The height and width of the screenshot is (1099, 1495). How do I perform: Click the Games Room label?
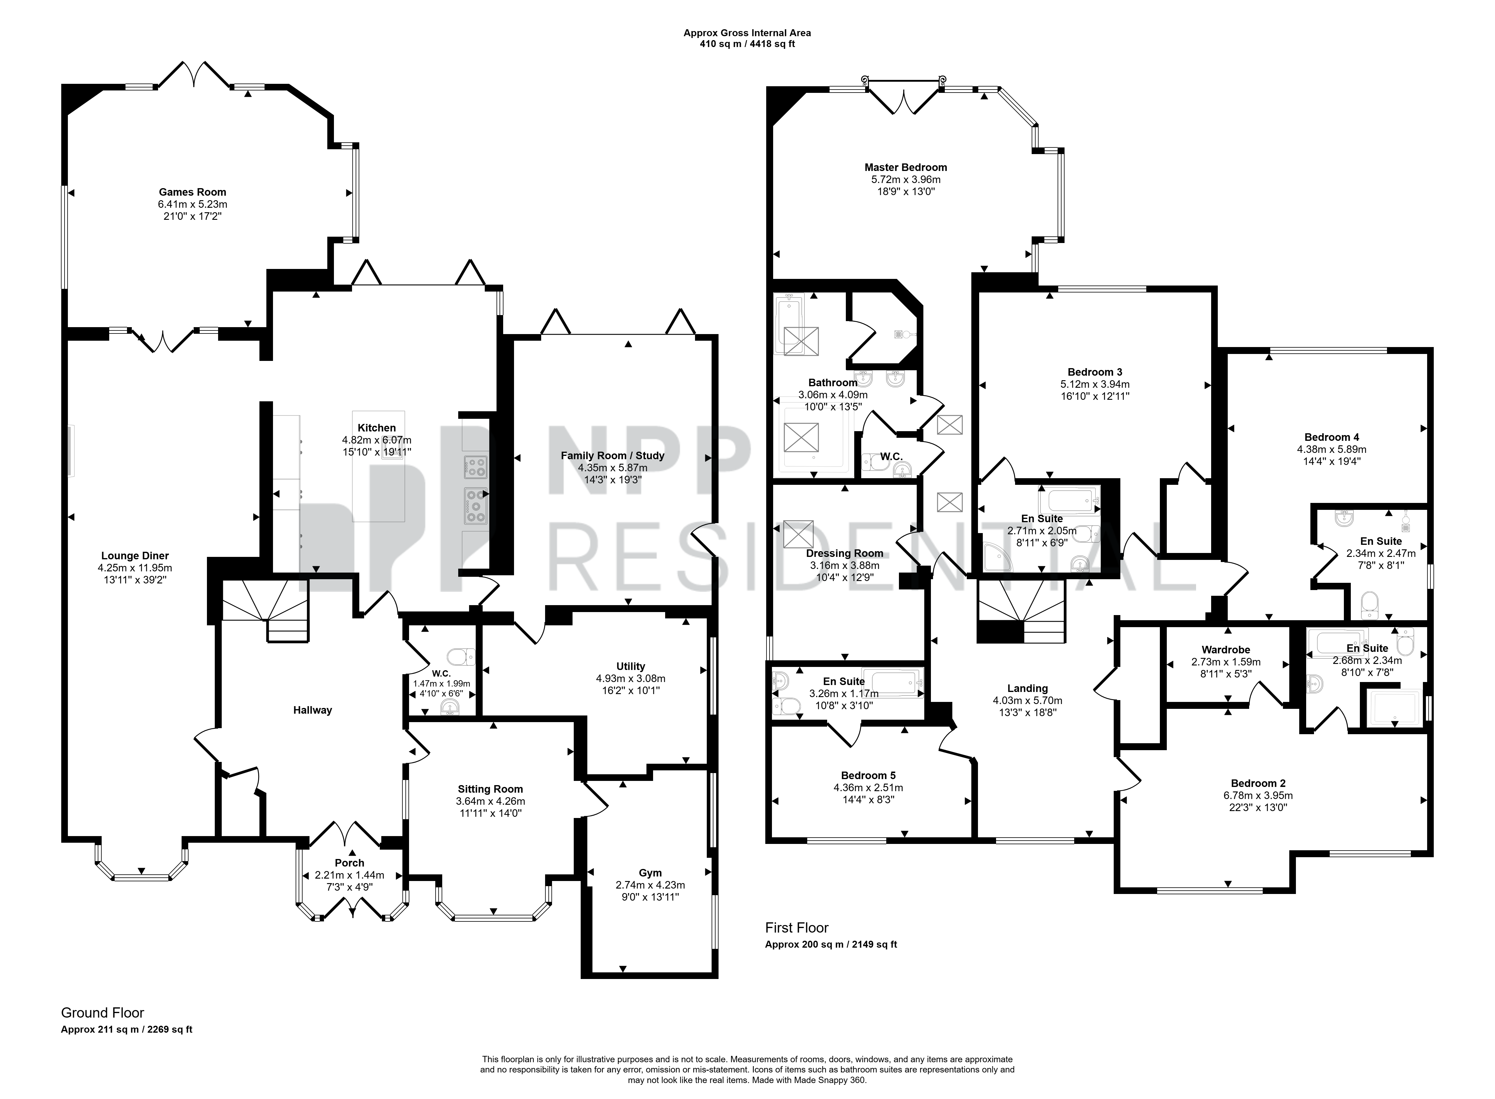[x=192, y=192]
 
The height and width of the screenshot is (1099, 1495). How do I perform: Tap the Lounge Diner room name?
[x=135, y=555]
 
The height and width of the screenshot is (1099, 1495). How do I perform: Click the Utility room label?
[x=630, y=666]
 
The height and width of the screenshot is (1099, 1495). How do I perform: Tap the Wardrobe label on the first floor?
[x=1225, y=649]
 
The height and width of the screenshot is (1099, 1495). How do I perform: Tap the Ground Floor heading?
[x=103, y=1012]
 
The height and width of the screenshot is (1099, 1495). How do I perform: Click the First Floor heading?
[x=797, y=927]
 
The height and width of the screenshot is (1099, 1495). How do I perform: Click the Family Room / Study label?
[x=612, y=456]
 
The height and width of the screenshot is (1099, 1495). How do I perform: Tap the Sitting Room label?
[x=490, y=789]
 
